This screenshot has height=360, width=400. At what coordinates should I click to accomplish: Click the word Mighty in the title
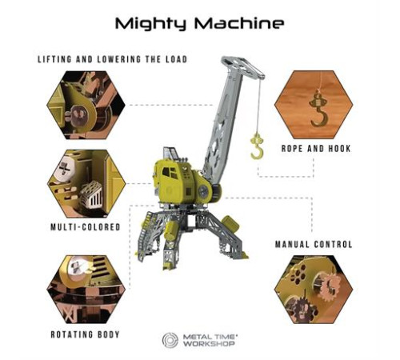[150, 24]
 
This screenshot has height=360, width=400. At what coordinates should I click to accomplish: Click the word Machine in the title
[239, 23]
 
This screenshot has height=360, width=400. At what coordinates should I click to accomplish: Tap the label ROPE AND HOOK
[316, 149]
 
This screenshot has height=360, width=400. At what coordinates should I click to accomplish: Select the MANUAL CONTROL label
[314, 244]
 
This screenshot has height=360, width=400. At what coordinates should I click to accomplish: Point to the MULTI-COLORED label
[86, 227]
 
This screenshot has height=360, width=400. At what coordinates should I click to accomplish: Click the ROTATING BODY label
[85, 334]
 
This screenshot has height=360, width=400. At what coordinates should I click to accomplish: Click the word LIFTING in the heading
[54, 59]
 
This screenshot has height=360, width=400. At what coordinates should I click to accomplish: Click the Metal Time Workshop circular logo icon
[170, 340]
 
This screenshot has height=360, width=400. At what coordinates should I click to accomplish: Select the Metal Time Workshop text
[210, 340]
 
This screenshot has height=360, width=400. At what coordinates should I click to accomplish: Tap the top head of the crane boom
[242, 66]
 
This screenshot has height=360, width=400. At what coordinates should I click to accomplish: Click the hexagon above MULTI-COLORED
[86, 183]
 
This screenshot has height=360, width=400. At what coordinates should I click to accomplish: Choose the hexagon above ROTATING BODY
[86, 290]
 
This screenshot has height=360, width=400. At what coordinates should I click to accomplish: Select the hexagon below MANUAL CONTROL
[314, 290]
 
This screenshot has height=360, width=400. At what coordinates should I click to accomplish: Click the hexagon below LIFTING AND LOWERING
[86, 105]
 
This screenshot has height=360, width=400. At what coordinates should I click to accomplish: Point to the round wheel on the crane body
[203, 191]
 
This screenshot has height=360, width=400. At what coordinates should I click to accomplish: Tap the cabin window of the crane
[169, 173]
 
